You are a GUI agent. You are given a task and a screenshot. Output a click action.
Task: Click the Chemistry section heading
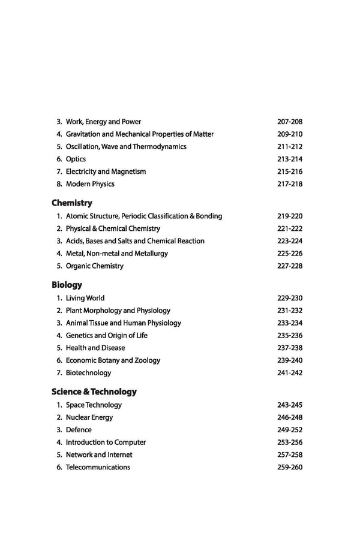(x=72, y=203)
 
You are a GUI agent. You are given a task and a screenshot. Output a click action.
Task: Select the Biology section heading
(x=67, y=285)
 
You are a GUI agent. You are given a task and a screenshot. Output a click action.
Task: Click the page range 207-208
(x=290, y=122)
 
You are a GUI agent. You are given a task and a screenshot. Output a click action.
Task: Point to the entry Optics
(x=76, y=159)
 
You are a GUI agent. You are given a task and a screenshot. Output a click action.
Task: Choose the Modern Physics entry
(x=90, y=184)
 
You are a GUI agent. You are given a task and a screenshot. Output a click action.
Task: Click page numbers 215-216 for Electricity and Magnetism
(x=290, y=171)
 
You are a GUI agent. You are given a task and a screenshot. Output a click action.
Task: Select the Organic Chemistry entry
(x=94, y=266)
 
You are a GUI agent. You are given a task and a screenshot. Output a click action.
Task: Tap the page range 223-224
(x=290, y=241)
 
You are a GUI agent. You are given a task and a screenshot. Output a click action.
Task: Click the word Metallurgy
(x=149, y=254)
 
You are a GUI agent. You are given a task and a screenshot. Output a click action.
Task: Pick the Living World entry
(x=85, y=298)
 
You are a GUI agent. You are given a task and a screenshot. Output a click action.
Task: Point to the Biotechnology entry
(x=88, y=373)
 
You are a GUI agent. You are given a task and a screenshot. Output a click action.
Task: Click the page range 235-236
(x=290, y=336)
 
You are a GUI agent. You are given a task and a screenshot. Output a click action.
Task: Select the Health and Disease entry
(x=95, y=348)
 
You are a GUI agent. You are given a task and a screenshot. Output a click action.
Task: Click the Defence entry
(x=79, y=430)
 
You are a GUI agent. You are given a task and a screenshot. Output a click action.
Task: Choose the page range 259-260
(x=290, y=467)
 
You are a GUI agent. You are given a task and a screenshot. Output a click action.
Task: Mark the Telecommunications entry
(x=98, y=467)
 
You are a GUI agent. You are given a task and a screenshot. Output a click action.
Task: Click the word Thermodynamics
(x=157, y=146)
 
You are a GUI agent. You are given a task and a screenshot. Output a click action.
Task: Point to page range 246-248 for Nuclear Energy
(x=290, y=417)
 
